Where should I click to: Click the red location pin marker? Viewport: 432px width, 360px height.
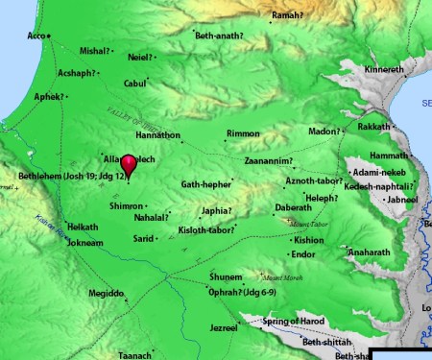[129, 166]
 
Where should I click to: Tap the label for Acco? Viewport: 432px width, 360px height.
[36, 36]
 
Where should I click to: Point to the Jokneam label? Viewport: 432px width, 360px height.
[84, 243]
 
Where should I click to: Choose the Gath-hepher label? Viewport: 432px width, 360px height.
[205, 183]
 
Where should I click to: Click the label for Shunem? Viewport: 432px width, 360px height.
[227, 276]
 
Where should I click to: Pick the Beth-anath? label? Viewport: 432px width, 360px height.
[219, 36]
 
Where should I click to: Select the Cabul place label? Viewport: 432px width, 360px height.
[134, 84]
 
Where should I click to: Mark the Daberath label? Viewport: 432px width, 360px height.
[293, 206]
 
